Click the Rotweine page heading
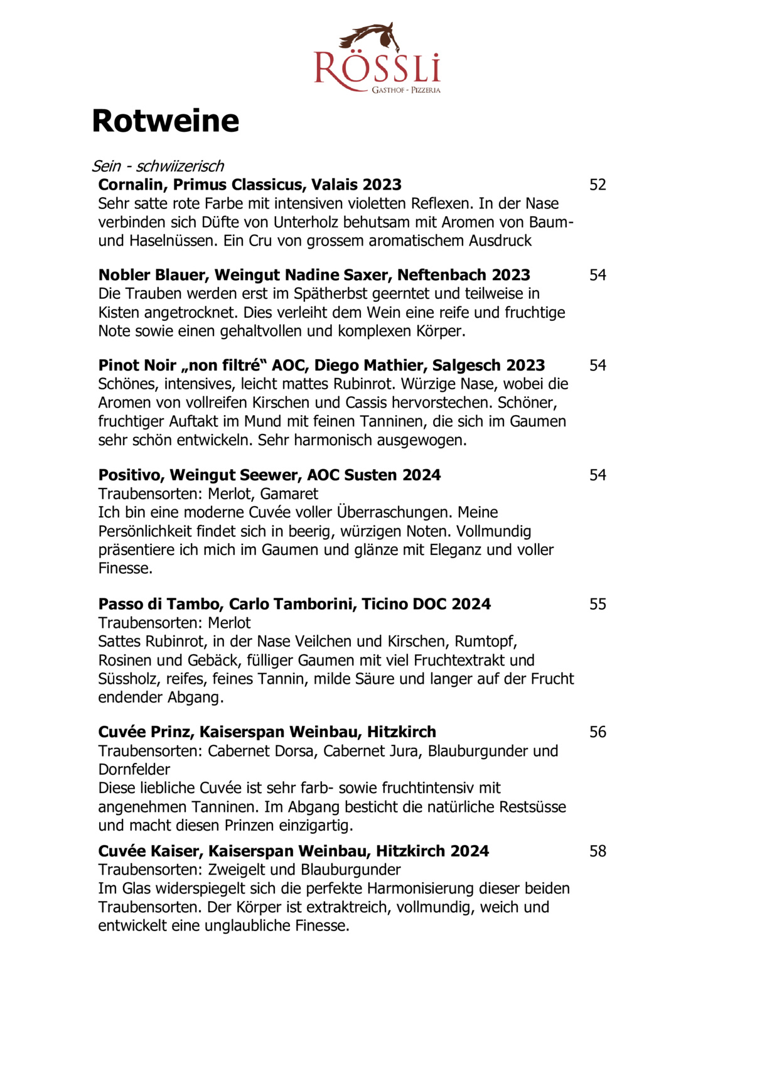pyautogui.click(x=166, y=121)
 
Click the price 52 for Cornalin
pyautogui.click(x=598, y=185)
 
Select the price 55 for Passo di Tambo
pyautogui.click(x=598, y=604)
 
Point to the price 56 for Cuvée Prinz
pyautogui.click(x=598, y=732)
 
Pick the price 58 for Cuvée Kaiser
pyautogui.click(x=598, y=851)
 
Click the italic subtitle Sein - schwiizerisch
pyautogui.click(x=158, y=166)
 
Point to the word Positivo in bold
pyautogui.click(x=131, y=475)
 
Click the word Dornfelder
pyautogui.click(x=134, y=770)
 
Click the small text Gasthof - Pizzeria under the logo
pyautogui.click(x=406, y=90)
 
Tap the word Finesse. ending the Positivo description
pyautogui.click(x=126, y=569)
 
